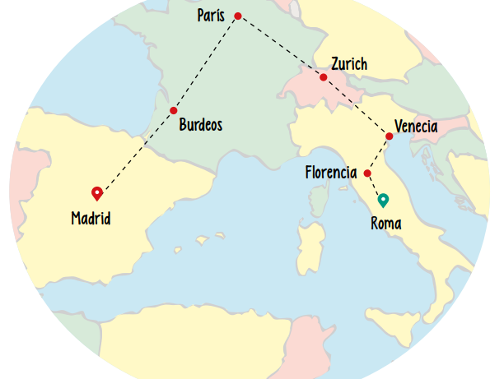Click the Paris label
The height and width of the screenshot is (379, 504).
tap(211, 16)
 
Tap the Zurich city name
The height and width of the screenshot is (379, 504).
tap(349, 64)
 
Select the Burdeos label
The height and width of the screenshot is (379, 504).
tap(200, 126)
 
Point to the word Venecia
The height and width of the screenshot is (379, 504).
tap(416, 127)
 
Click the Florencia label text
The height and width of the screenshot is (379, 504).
tap(330, 173)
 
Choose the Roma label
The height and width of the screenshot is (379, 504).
tap(386, 223)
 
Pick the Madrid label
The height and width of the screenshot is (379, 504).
tap(91, 219)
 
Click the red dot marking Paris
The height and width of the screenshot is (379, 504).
tap(238, 16)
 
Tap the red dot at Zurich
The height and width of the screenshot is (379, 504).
tap(324, 77)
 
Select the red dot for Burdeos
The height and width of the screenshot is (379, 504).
tap(174, 110)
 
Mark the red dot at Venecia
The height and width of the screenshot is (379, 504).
tap(389, 136)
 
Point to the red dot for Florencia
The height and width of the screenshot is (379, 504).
tap(367, 173)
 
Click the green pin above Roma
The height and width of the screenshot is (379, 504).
tap(382, 200)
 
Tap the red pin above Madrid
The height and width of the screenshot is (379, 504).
tap(97, 193)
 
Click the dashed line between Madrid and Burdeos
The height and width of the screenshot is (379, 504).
tap(136, 151)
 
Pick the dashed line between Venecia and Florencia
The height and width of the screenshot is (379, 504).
tap(379, 154)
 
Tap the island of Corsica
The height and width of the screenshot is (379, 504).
tap(316, 198)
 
